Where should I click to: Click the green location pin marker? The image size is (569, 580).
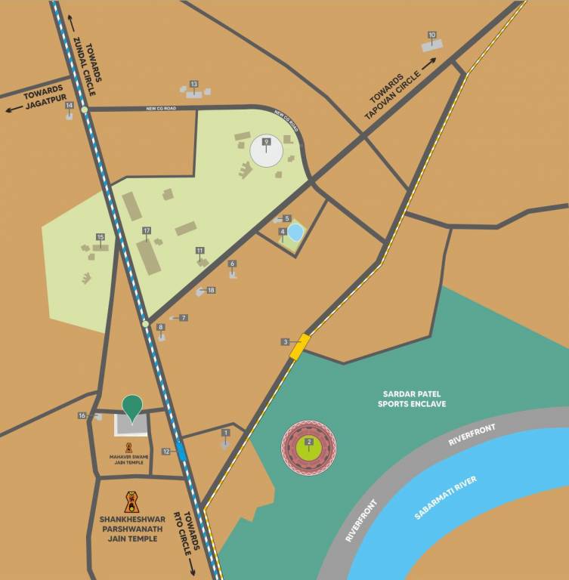133,407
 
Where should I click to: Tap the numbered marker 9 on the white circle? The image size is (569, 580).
266,141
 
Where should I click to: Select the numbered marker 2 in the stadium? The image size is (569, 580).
308,442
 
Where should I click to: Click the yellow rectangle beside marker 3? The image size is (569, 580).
300,346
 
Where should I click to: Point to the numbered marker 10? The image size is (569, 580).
432,35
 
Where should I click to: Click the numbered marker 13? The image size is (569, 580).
194,84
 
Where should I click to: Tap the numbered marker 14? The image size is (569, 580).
70,106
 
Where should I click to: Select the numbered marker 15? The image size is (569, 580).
100,237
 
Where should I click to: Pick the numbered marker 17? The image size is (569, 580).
147,230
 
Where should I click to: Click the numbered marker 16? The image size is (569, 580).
82,415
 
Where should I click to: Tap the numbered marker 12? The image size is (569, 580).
166,451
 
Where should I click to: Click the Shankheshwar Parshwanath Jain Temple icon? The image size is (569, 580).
132,501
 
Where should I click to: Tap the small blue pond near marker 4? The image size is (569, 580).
295,232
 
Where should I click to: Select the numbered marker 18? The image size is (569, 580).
211,291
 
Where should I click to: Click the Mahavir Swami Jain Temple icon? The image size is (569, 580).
129,447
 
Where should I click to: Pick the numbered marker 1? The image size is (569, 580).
225,433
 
